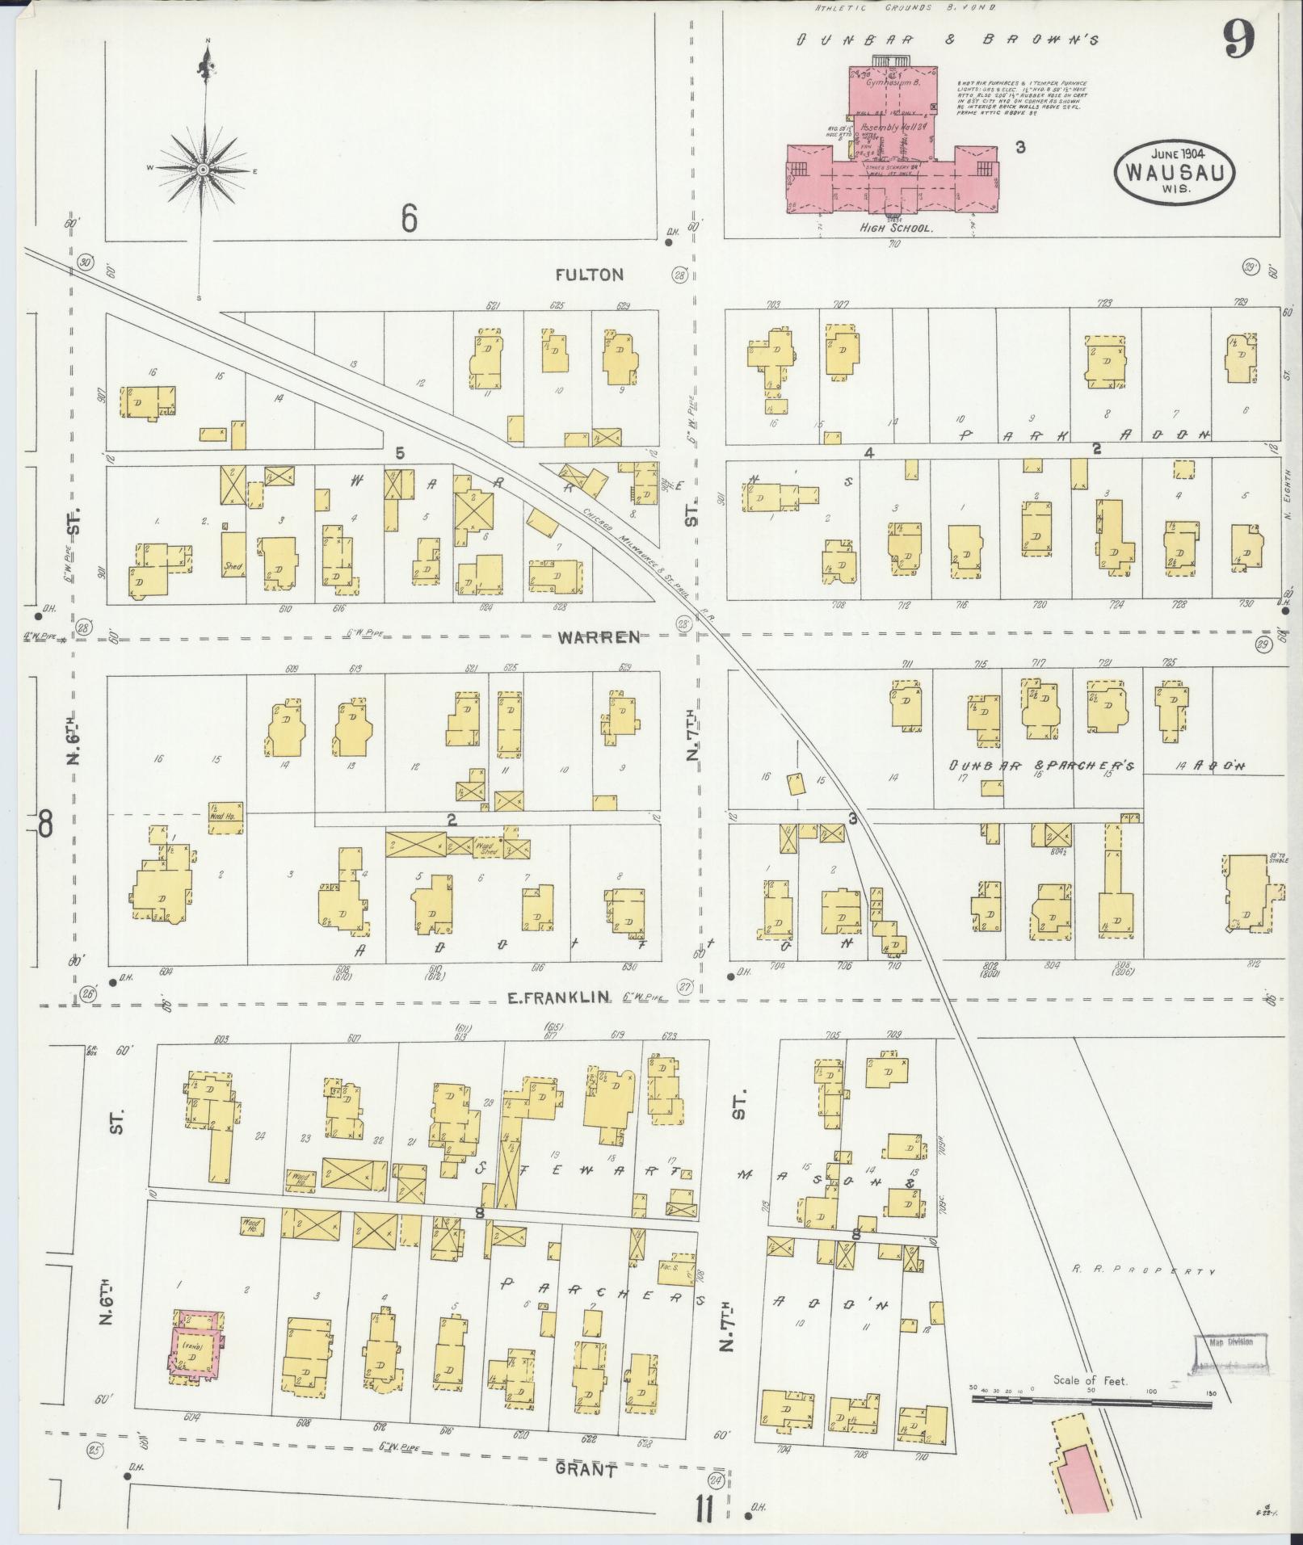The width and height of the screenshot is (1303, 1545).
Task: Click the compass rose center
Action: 204,169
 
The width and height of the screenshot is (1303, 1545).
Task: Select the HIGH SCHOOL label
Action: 896,229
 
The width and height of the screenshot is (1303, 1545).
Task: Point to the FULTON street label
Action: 590,275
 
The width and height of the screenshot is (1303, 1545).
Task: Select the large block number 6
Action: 409,216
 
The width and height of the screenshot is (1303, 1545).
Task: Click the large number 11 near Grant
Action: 702,1509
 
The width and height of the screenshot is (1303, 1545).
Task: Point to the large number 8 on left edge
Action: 45,824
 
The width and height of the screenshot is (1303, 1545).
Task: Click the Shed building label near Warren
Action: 233,565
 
